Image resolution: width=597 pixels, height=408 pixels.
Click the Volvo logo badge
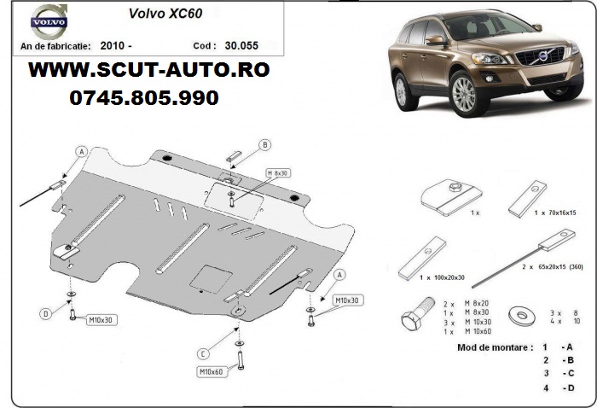49,21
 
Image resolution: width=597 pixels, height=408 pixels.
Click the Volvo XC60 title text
165,14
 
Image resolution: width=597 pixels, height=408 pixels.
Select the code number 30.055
241,46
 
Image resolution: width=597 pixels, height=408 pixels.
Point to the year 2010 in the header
113,46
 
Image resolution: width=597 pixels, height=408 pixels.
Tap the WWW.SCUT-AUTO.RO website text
149,71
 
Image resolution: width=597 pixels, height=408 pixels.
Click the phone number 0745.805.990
144,98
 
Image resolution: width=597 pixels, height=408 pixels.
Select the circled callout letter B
265,145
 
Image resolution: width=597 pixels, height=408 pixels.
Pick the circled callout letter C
203,354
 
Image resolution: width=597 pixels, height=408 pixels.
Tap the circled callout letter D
46,314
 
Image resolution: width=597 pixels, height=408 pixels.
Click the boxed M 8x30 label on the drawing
277,173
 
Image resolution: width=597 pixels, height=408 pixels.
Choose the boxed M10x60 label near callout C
211,370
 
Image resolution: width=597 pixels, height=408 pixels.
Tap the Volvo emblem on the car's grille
542,57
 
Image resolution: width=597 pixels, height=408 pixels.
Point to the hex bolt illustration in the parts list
417,312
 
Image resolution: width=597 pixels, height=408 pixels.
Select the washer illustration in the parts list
521,315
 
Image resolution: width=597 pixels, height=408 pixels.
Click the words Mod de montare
493,347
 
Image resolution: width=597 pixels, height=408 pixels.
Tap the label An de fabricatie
55,46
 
